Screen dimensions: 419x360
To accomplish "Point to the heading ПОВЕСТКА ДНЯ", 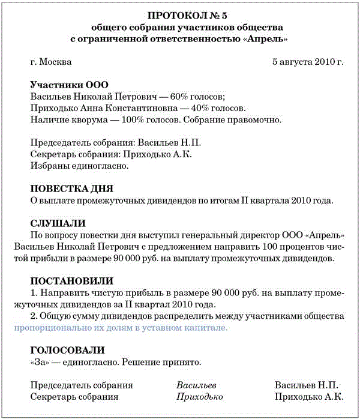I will click(71, 188).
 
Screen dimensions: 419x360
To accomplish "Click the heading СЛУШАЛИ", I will click(58, 223).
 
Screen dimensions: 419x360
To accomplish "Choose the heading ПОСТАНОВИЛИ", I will click(71, 280).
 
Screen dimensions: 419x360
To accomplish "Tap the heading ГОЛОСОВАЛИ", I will click(67, 350).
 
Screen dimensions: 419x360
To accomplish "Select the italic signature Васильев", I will click(196, 385).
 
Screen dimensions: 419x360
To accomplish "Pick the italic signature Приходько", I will click(200, 397).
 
